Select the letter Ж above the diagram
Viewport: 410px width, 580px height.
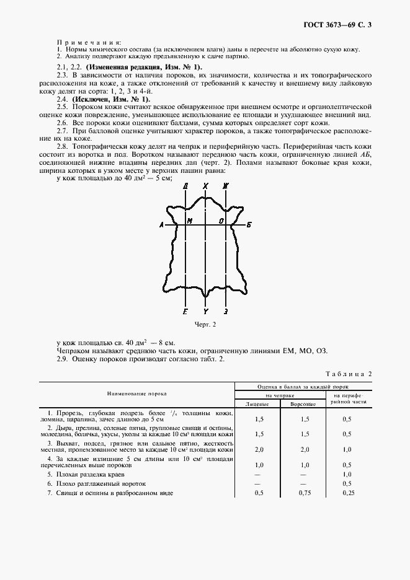click(226, 185)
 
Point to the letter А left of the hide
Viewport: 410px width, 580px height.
click(161, 225)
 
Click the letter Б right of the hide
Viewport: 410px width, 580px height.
click(249, 225)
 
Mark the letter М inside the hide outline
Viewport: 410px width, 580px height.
click(190, 221)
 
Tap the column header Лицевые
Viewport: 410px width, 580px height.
click(257, 403)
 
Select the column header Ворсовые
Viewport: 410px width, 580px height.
click(303, 403)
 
